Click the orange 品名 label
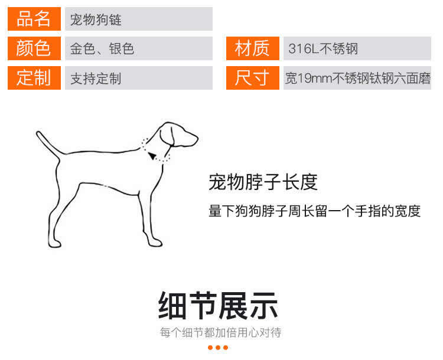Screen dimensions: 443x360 click(34, 19)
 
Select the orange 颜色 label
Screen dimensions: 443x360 click(34, 48)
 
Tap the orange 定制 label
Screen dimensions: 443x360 click(34, 78)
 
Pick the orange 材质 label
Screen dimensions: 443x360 click(253, 48)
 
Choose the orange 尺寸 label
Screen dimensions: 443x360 click(253, 78)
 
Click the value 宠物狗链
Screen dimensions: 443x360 click(96, 19)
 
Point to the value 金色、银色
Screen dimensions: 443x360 click(102, 48)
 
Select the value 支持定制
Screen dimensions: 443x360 click(96, 78)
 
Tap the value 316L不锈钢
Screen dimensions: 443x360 click(323, 48)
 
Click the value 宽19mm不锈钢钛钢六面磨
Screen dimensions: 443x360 click(358, 78)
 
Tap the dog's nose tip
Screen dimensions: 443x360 click(197, 139)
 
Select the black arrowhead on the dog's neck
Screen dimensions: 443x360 click(152, 156)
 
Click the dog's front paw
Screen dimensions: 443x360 click(155, 243)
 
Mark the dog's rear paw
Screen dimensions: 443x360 click(54, 243)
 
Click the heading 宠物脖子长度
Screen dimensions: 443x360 click(263, 182)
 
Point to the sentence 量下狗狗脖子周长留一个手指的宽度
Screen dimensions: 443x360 click(314, 211)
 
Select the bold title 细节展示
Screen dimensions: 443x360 click(218, 306)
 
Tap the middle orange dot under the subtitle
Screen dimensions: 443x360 click(218, 348)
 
